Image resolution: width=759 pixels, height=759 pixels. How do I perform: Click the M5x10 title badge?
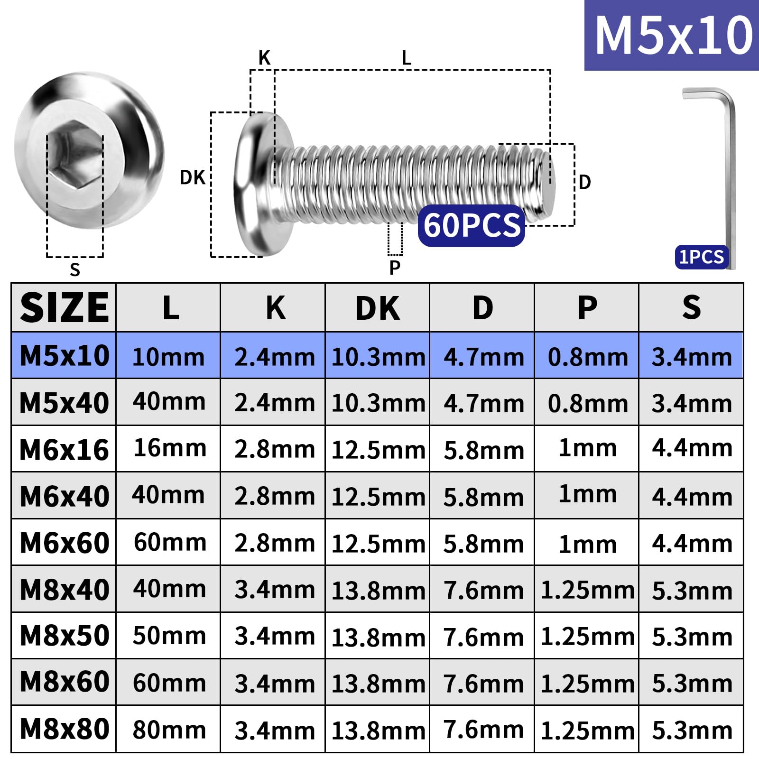pyautogui.click(x=672, y=36)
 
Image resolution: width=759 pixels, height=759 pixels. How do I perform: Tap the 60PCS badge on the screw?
pyautogui.click(x=472, y=225)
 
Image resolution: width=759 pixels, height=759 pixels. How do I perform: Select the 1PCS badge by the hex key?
pyautogui.click(x=702, y=257)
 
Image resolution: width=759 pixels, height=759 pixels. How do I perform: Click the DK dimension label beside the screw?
pyautogui.click(x=192, y=177)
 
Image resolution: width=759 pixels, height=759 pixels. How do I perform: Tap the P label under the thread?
pyautogui.click(x=395, y=268)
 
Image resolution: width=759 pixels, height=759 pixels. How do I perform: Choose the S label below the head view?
pyautogui.click(x=75, y=269)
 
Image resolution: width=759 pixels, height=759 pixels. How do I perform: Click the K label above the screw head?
pyautogui.click(x=264, y=58)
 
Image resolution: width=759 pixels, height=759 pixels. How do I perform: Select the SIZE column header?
pyautogui.click(x=64, y=308)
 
